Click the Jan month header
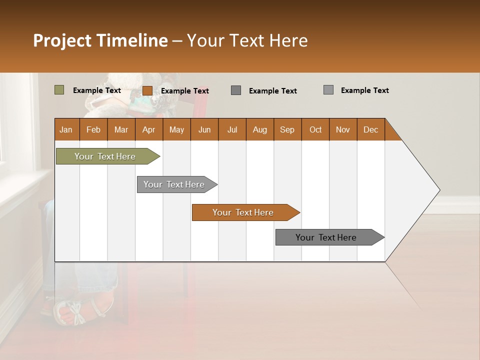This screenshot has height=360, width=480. point(66,129)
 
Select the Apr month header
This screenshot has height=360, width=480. point(148,129)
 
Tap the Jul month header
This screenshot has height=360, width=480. point(232,129)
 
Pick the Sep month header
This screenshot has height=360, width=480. point(287,129)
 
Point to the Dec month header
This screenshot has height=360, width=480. point(370,129)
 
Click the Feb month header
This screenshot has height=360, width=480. point(93,129)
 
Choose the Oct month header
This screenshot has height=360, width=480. point(315,129)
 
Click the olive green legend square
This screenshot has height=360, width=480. point(59,90)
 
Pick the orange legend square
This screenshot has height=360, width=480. point(147,90)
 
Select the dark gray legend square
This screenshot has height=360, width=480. point(236,90)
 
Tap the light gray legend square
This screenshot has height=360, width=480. point(328,90)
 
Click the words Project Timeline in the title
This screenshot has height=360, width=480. point(100,40)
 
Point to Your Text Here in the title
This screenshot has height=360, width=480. point(247,40)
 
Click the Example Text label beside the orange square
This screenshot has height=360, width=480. point(184,91)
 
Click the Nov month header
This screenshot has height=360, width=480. point(343,129)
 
